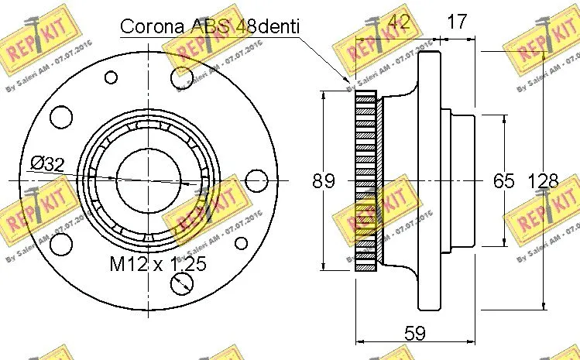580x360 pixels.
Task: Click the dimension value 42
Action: (x=399, y=22)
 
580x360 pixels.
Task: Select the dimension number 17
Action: (x=458, y=22)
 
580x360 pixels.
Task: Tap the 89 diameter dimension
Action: (x=324, y=182)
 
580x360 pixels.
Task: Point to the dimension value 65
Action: (x=504, y=182)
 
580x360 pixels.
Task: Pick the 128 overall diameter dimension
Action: (x=543, y=182)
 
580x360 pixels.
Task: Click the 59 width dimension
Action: (x=416, y=334)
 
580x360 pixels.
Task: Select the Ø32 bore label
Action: (x=48, y=163)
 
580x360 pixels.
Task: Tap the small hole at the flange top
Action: (x=112, y=77)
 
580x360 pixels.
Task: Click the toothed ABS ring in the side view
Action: (x=365, y=180)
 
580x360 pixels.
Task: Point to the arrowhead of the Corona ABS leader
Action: (x=351, y=81)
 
